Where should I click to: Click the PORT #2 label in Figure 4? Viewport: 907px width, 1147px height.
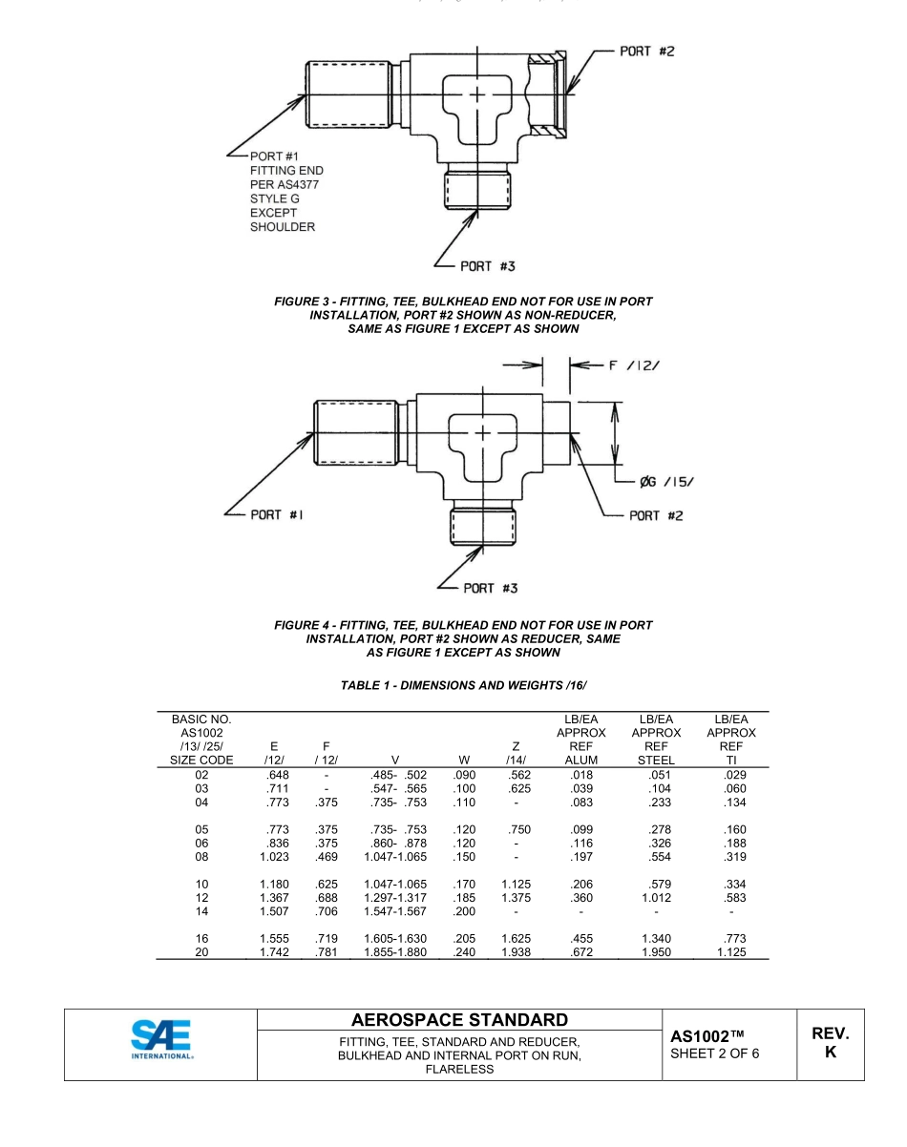pos(656,515)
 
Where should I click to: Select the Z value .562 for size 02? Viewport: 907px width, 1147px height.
pos(515,775)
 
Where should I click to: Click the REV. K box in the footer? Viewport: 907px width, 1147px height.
pos(830,1044)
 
